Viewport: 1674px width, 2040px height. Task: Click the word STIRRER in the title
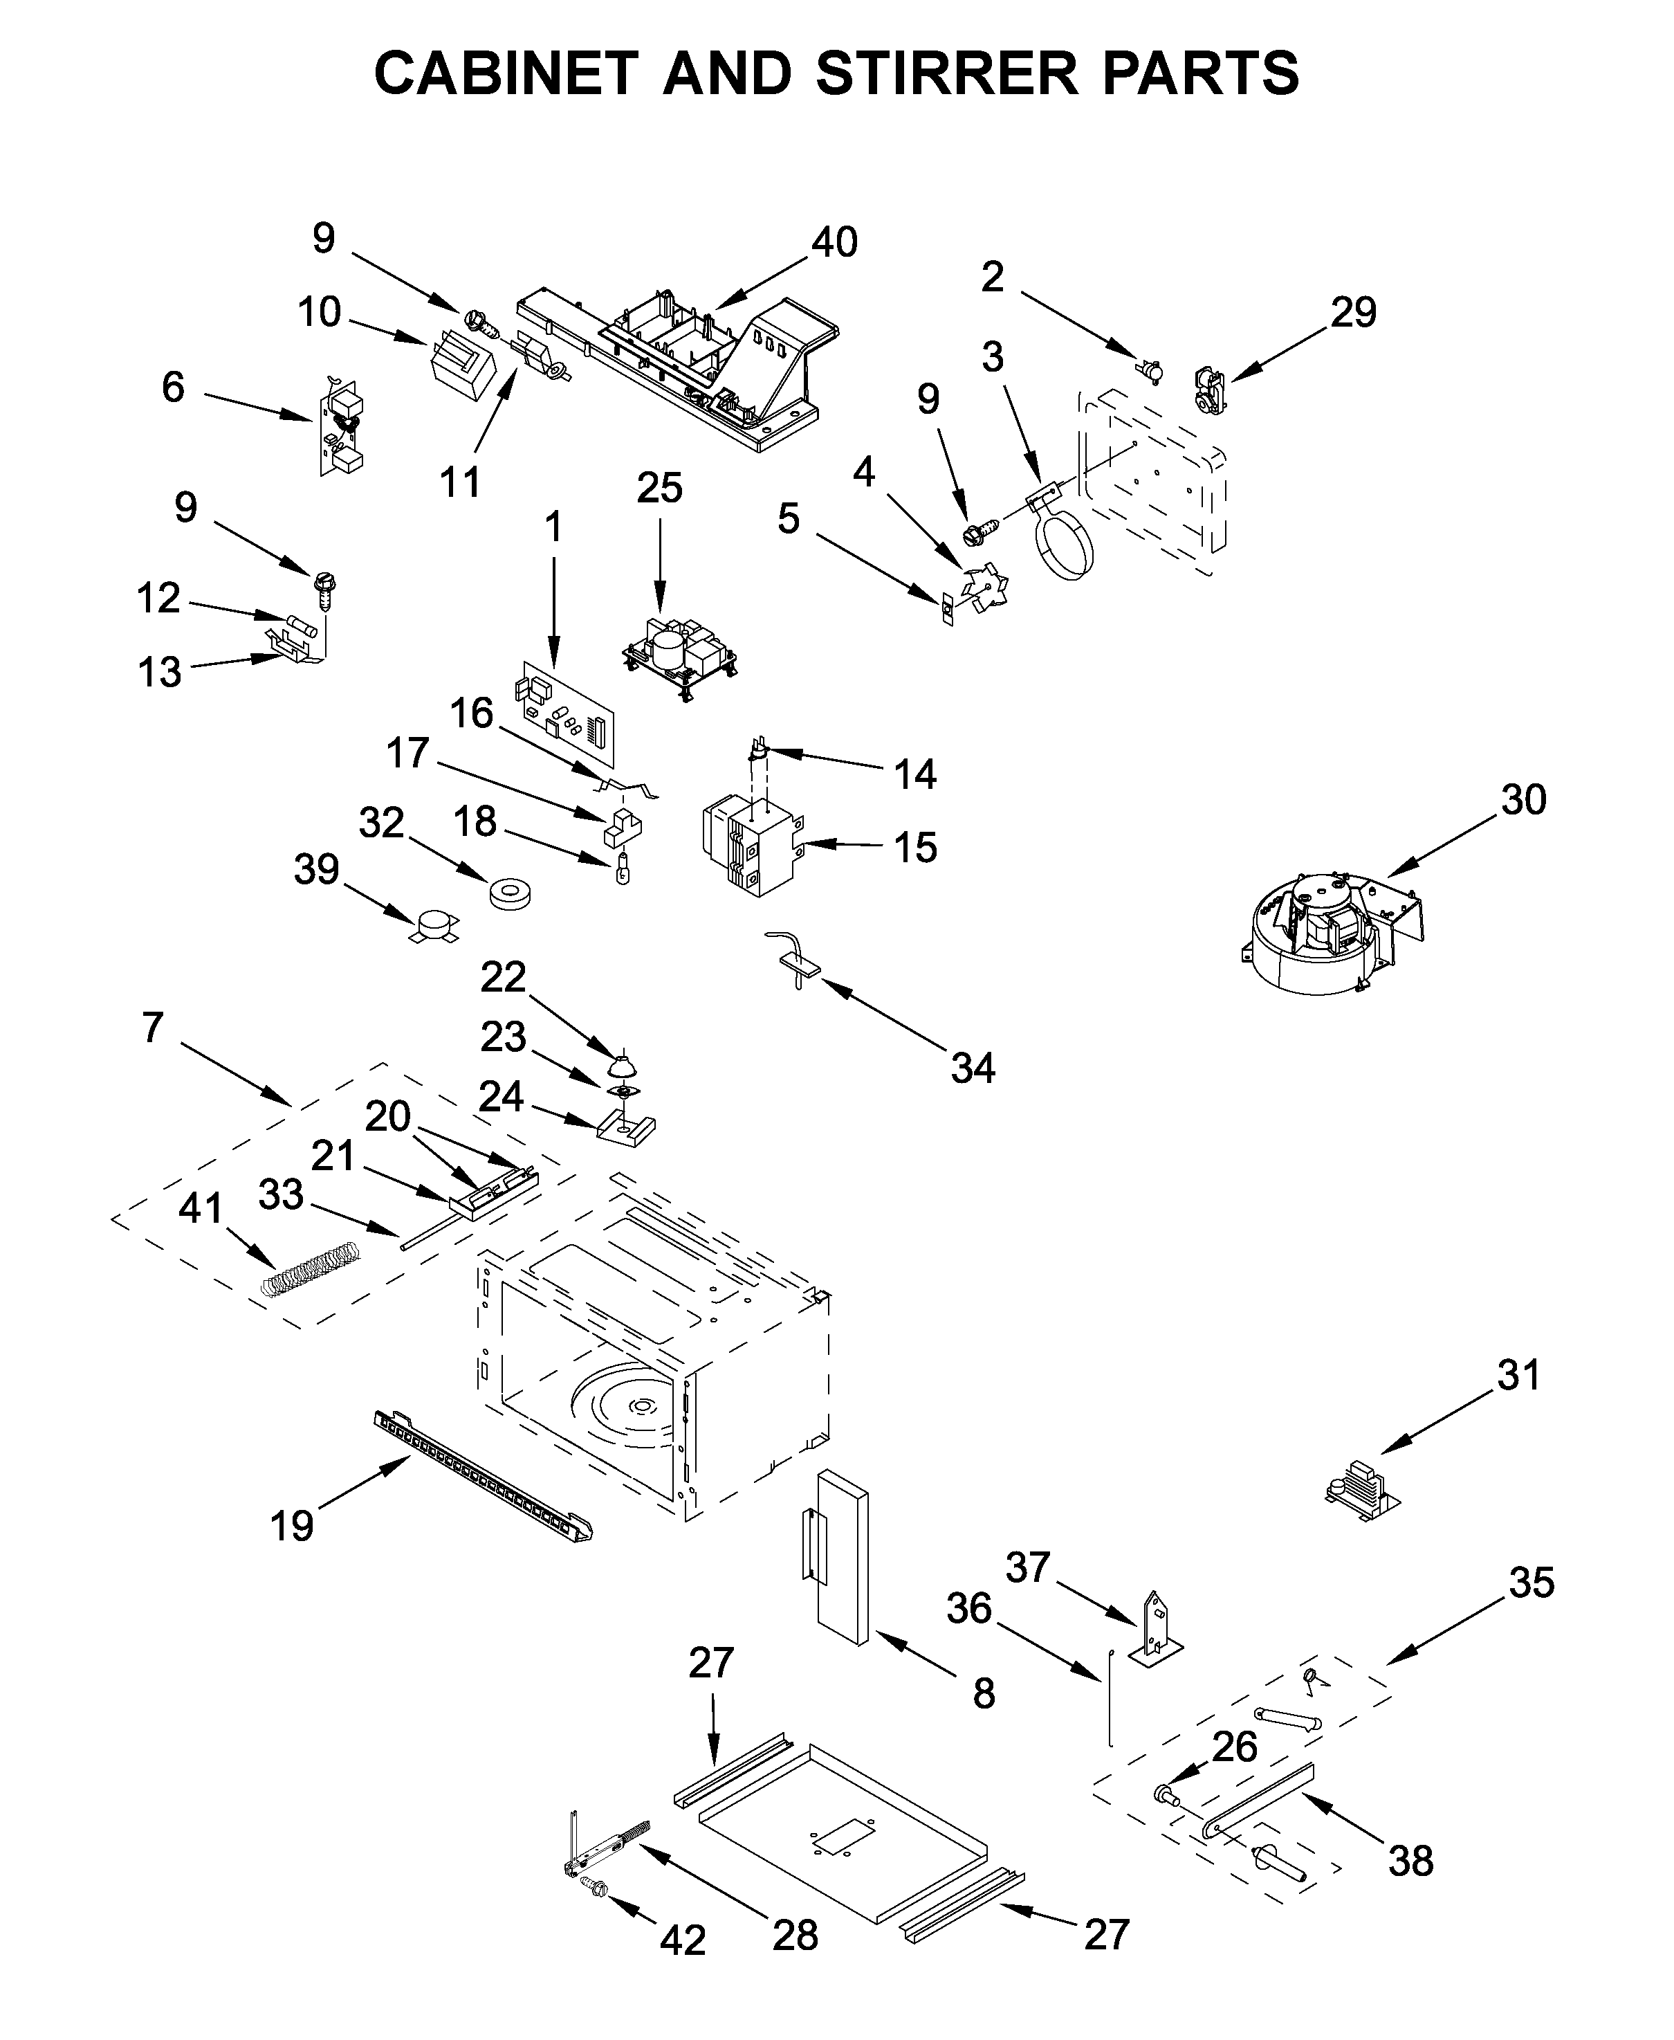[946, 73]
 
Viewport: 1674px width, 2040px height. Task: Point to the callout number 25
[660, 488]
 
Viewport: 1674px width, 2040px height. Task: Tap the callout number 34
[972, 1068]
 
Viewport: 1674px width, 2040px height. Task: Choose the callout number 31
[1519, 1376]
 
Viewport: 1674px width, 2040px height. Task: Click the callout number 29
[1353, 313]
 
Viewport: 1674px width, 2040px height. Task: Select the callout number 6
[173, 387]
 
